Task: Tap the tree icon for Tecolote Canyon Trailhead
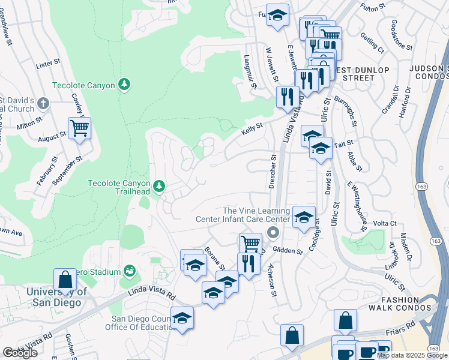pos(159,187)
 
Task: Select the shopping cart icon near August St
pos(79,128)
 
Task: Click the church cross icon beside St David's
pos(43,104)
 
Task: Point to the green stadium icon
pos(129,272)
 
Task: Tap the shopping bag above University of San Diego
pos(65,280)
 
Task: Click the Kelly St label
pos(252,127)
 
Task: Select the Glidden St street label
pos(288,250)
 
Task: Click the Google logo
pos(20,353)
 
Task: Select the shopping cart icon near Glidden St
pos(250,243)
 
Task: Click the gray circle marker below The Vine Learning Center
pos(273,232)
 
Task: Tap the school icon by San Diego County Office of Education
pos(182,318)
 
